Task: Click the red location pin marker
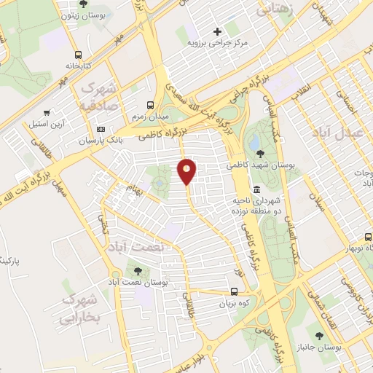coord(187,172)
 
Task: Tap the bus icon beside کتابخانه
coord(78,54)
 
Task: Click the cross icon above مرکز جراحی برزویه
coord(217,31)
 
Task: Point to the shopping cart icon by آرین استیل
coord(47,113)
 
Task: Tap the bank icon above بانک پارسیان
coord(101,129)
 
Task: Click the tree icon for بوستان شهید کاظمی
coord(259,152)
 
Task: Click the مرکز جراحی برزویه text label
coord(219,43)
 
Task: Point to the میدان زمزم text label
coord(151,117)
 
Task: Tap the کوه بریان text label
coord(235,305)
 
